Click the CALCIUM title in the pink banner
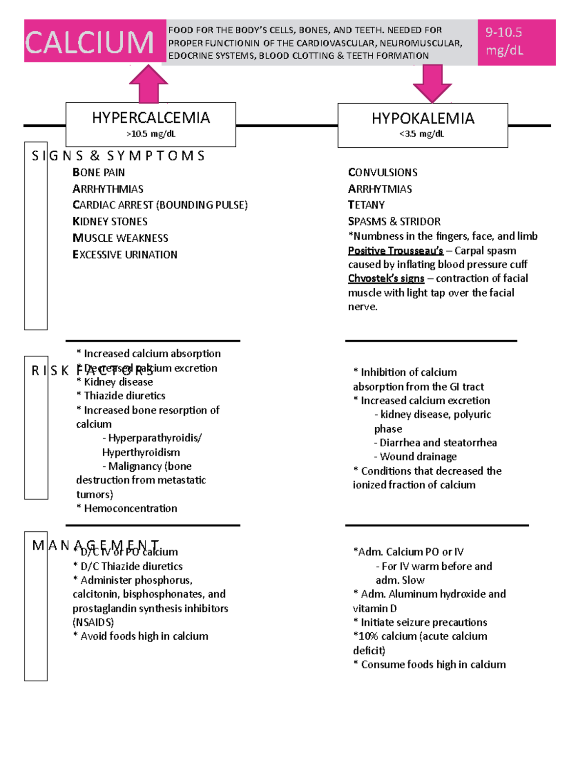point(90,42)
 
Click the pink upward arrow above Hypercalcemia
point(149,84)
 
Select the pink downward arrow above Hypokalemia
point(432,84)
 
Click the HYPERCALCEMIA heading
point(151,118)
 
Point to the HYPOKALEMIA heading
point(423,118)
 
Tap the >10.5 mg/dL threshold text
point(151,134)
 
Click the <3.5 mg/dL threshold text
point(422,134)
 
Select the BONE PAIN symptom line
point(99,172)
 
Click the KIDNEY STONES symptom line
point(110,222)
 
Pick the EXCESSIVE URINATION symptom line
point(125,254)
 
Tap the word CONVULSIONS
point(383,172)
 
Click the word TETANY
point(366,205)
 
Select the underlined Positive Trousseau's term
point(395,251)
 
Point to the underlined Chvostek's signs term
point(386,278)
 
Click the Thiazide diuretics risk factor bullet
point(121,395)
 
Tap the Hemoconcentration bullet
point(127,508)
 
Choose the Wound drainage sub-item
point(415,457)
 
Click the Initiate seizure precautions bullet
point(420,622)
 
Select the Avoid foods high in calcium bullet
point(140,636)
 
